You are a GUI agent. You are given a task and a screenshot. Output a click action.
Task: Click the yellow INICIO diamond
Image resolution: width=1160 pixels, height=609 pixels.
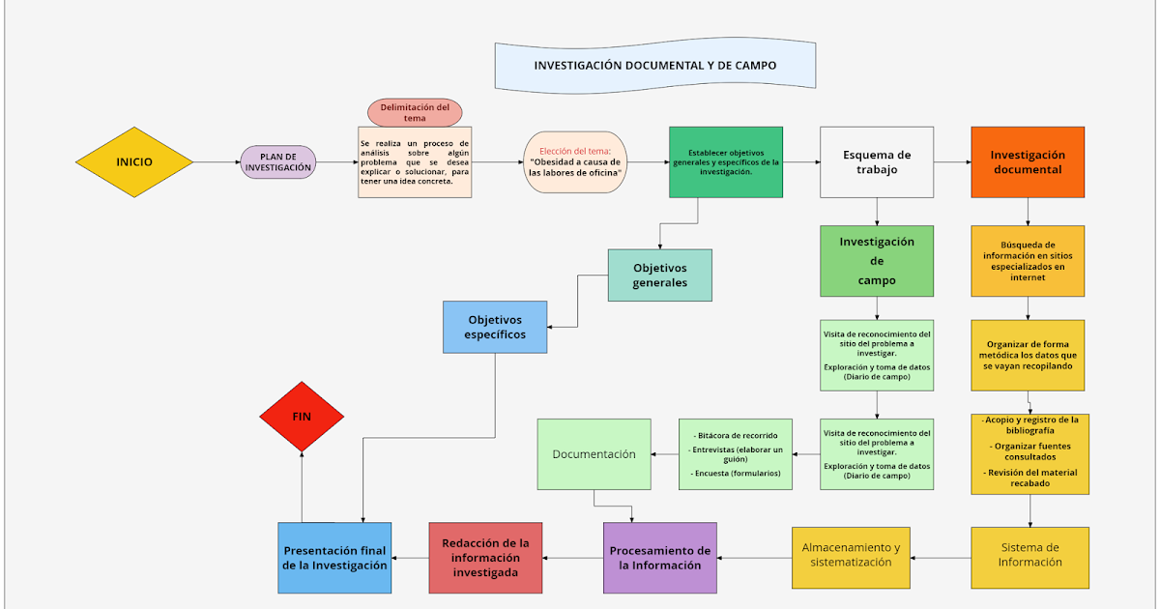pyautogui.click(x=134, y=162)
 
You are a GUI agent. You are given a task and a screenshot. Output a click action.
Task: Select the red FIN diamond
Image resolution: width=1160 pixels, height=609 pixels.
pyautogui.click(x=303, y=416)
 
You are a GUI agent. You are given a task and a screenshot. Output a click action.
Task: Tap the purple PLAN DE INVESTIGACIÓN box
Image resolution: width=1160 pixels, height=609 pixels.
pyautogui.click(x=278, y=162)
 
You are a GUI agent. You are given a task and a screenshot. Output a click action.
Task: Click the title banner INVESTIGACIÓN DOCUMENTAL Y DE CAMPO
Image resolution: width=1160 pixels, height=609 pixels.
pyautogui.click(x=654, y=66)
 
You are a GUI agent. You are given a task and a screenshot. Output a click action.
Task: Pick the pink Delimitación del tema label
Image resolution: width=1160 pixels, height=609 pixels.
pyautogui.click(x=415, y=112)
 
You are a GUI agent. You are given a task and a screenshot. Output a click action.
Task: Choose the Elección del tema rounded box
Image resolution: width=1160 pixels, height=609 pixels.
pyautogui.click(x=575, y=162)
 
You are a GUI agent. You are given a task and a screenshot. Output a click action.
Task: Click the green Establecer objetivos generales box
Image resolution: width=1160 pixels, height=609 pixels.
pyautogui.click(x=726, y=162)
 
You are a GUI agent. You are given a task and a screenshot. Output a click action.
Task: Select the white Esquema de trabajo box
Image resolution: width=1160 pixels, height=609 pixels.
pyautogui.click(x=877, y=162)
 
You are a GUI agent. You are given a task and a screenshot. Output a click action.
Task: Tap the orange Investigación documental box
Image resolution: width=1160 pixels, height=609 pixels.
pyautogui.click(x=1028, y=162)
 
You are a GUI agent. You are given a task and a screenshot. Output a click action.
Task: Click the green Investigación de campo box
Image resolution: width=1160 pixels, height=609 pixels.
pyautogui.click(x=877, y=261)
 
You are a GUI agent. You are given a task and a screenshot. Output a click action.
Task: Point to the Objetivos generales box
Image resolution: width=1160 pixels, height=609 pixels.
pyautogui.click(x=660, y=275)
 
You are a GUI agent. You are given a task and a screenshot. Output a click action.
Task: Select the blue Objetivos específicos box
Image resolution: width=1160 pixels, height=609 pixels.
pyautogui.click(x=495, y=327)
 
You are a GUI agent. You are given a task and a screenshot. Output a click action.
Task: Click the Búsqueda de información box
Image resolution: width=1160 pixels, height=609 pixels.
pyautogui.click(x=1028, y=261)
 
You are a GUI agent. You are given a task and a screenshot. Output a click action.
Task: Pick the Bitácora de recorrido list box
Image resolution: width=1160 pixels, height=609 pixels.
pyautogui.click(x=736, y=454)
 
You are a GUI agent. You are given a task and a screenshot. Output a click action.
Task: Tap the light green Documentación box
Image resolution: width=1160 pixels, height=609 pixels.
pyautogui.click(x=594, y=454)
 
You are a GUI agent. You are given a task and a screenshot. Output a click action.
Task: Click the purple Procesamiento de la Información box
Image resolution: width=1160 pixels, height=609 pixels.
pyautogui.click(x=660, y=558)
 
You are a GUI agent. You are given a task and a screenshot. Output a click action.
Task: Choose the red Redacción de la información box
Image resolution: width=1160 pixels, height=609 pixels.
pyautogui.click(x=485, y=558)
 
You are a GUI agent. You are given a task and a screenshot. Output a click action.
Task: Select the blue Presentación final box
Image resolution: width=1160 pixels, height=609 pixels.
pyautogui.click(x=335, y=558)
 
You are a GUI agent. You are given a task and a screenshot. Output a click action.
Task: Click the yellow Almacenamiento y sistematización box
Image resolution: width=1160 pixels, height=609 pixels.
pyautogui.click(x=851, y=558)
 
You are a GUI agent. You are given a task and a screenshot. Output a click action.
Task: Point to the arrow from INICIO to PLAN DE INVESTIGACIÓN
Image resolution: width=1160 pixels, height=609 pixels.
pyautogui.click(x=217, y=162)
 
